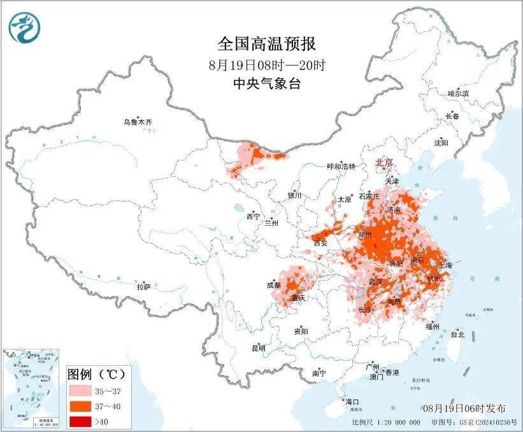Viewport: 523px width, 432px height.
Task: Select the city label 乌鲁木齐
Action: pyautogui.click(x=138, y=122)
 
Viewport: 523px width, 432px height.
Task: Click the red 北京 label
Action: pyautogui.click(x=385, y=162)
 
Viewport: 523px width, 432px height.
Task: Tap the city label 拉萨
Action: pyautogui.click(x=143, y=287)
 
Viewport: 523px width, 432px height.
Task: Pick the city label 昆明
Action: pyautogui.click(x=258, y=347)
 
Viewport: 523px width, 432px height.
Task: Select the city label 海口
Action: pyautogui.click(x=352, y=402)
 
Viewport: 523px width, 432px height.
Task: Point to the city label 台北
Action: pyautogui.click(x=457, y=334)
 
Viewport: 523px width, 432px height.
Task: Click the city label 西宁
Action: pyautogui.click(x=253, y=216)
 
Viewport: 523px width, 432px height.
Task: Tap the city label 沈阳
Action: pyautogui.click(x=441, y=143)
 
